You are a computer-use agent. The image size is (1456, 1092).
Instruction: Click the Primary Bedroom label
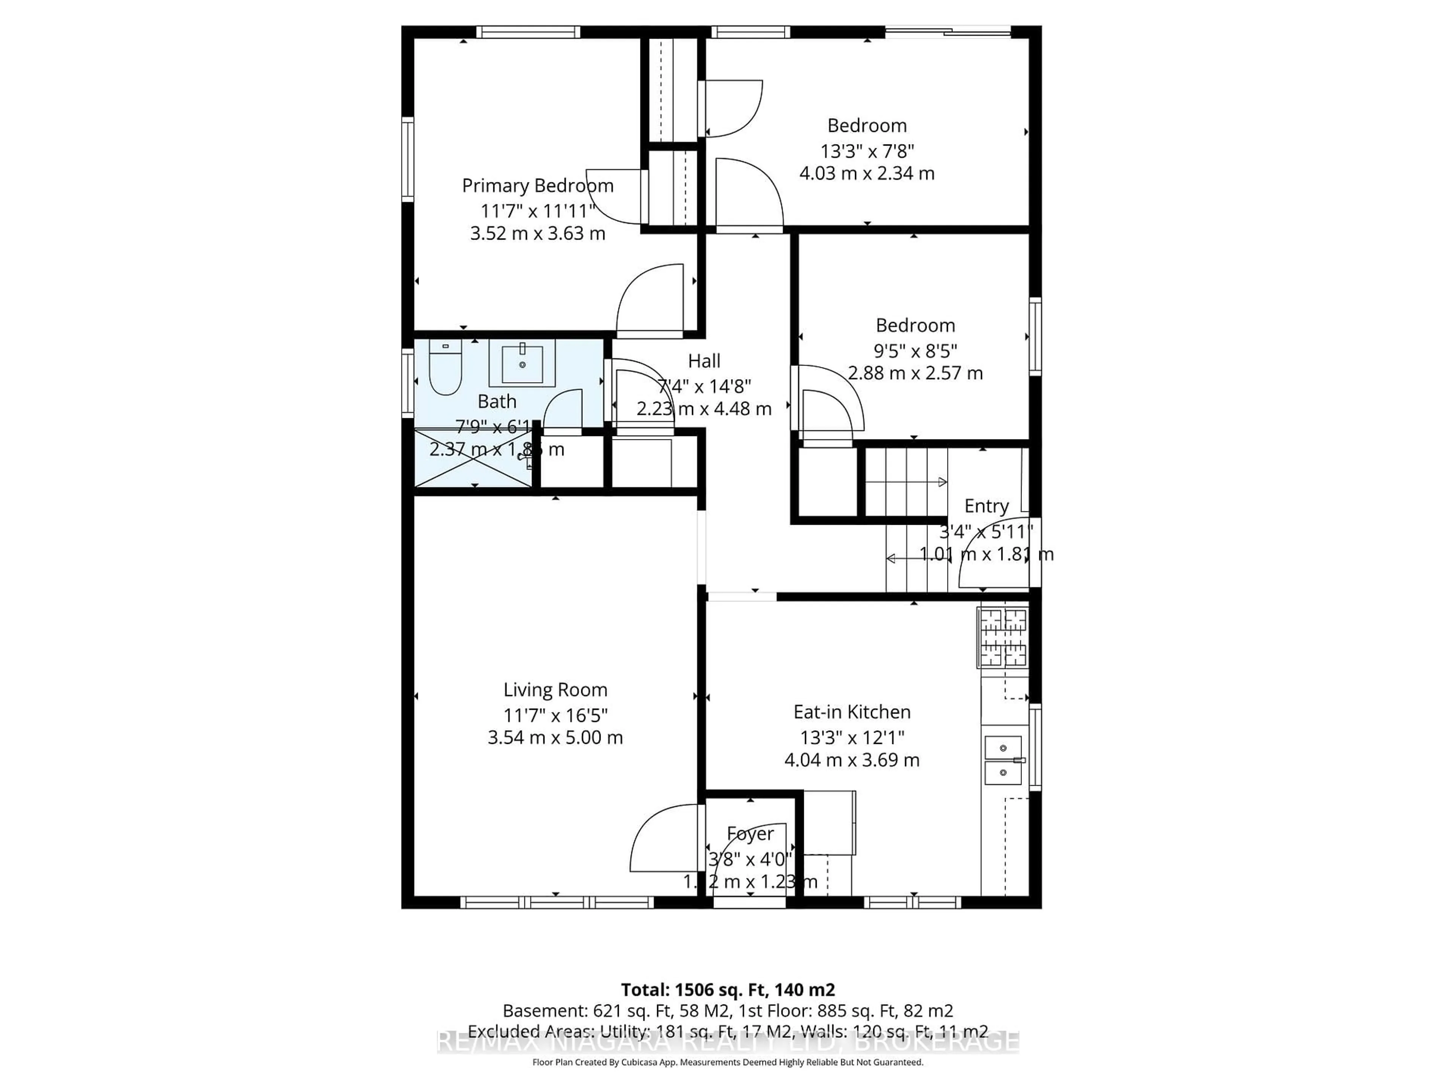click(537, 186)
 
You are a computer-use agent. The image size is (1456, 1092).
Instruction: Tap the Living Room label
click(555, 690)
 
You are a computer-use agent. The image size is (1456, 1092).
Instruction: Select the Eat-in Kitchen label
click(852, 712)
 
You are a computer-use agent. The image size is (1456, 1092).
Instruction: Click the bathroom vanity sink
click(522, 363)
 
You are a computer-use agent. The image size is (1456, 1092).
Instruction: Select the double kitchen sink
click(1003, 760)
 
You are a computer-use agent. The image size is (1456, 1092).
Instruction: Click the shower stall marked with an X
click(472, 458)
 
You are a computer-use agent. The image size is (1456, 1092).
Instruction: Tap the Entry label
click(986, 506)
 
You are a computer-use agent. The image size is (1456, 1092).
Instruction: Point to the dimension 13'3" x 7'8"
click(867, 151)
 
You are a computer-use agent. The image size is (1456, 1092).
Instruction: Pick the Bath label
click(497, 402)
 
